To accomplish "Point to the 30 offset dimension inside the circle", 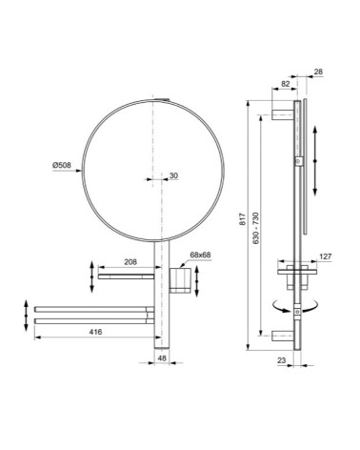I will pos(172,174).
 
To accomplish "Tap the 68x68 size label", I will pos(201,256).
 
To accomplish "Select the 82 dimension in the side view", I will pos(288,85).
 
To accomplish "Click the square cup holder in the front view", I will pos(178,280).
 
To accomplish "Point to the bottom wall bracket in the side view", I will pos(284,334).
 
